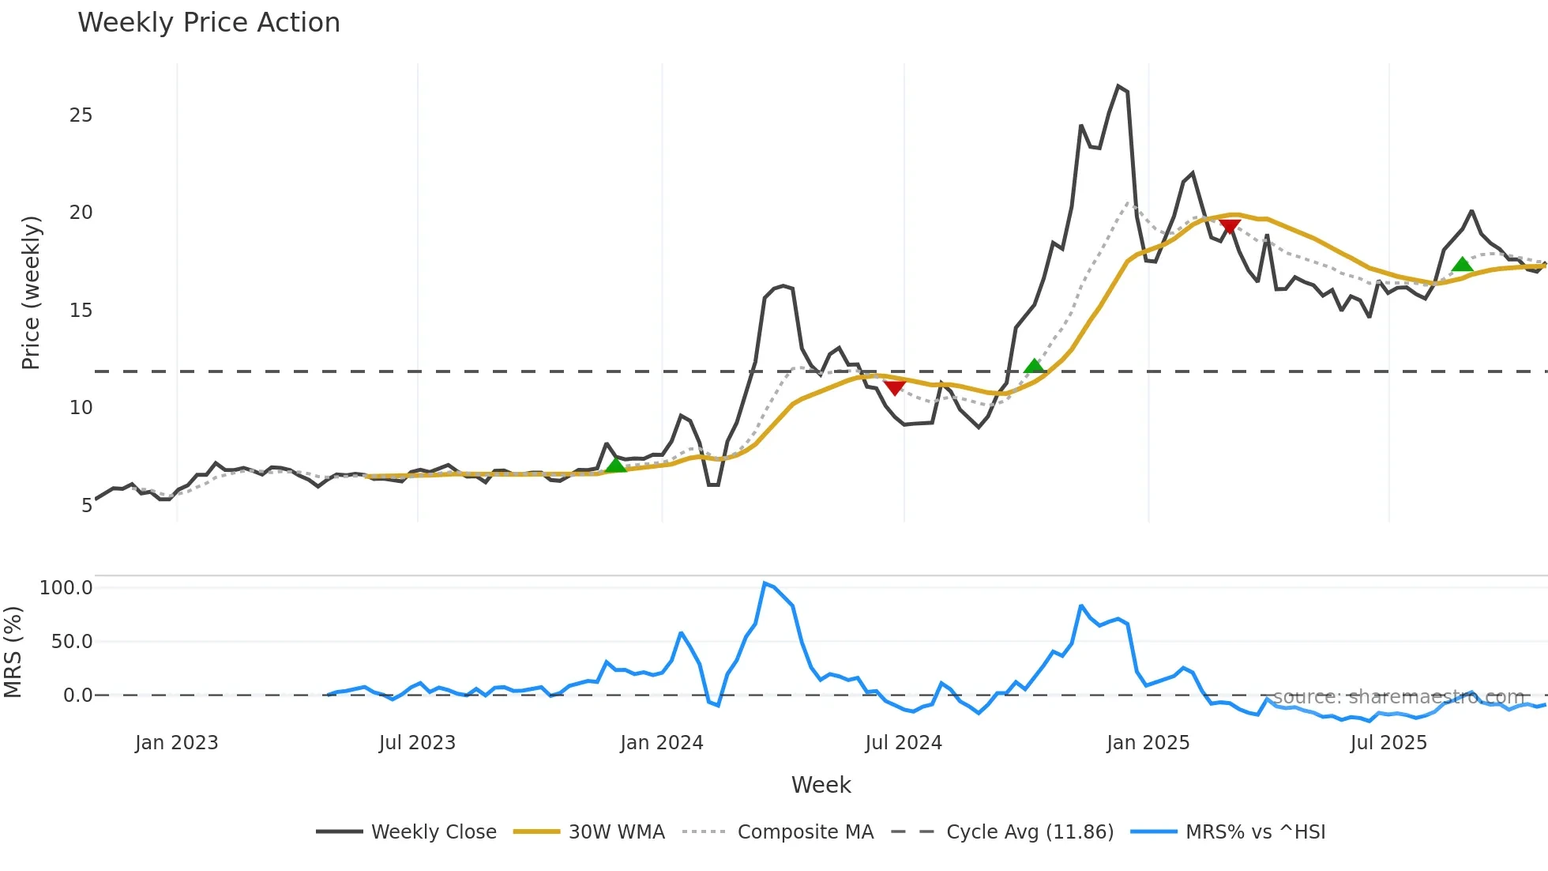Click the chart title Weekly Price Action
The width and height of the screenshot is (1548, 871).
(x=209, y=23)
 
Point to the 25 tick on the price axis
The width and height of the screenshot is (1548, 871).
(x=81, y=115)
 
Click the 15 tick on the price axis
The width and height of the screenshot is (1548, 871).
(x=81, y=311)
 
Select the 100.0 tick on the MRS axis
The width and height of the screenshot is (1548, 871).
(x=66, y=588)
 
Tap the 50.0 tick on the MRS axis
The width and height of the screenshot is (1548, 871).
(x=72, y=642)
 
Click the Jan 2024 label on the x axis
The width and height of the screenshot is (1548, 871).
(x=662, y=743)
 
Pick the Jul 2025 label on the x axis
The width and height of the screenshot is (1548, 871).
(x=1388, y=743)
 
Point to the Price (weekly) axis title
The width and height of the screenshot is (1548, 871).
(x=31, y=292)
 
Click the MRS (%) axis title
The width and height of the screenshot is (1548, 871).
(x=13, y=652)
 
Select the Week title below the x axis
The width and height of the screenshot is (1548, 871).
(x=821, y=785)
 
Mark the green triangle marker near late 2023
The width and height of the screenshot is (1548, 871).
(x=616, y=465)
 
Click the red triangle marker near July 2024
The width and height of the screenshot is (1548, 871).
(x=895, y=387)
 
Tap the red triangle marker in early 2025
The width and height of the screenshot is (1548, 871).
(x=1229, y=227)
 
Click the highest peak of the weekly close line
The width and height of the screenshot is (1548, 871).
(x=1118, y=86)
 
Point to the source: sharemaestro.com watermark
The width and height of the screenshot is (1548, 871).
(x=1398, y=697)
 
